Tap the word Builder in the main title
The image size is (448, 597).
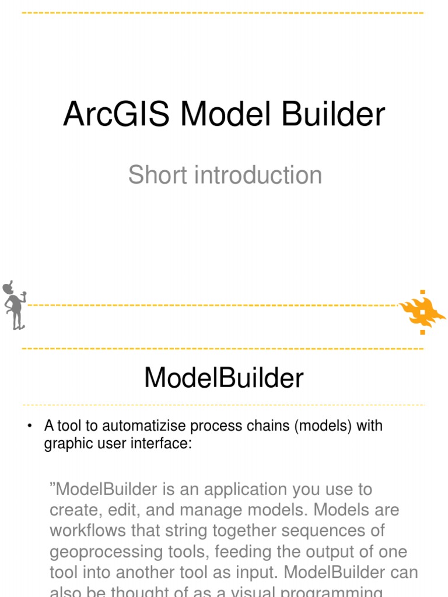click(x=333, y=114)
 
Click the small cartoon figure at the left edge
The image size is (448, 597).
click(x=14, y=305)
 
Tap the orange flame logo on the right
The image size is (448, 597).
click(x=422, y=311)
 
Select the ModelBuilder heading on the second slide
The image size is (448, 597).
click(x=224, y=378)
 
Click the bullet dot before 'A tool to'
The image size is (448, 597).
click(x=29, y=426)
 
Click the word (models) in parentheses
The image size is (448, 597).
click(x=323, y=426)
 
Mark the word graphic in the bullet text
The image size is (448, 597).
click(x=64, y=444)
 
